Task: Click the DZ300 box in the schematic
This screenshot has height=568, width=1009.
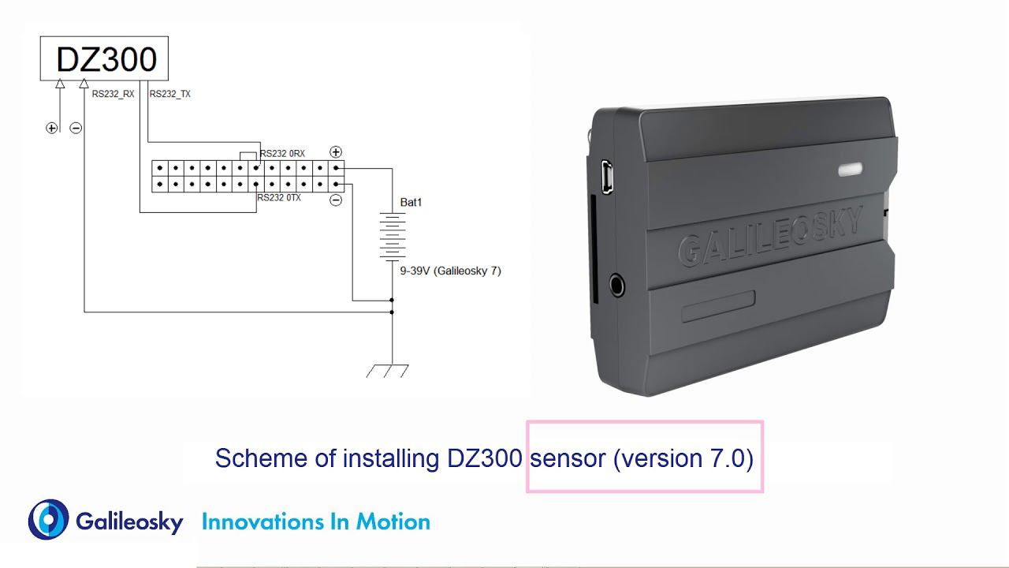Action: [104, 58]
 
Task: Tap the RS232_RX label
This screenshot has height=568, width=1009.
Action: [113, 94]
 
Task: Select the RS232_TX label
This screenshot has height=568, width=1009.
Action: [169, 94]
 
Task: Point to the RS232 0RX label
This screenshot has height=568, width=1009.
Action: [282, 153]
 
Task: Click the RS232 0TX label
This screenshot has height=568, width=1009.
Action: [279, 198]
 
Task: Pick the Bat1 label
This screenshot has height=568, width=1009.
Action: [411, 203]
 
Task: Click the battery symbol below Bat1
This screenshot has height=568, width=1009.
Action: [392, 235]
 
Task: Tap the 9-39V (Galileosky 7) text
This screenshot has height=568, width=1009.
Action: [450, 271]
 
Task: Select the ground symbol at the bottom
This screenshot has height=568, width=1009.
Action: [388, 370]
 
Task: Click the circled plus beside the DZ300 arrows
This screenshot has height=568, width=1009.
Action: [52, 128]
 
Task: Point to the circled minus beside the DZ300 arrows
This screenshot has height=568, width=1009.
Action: [76, 128]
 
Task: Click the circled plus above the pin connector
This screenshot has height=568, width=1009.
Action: [335, 152]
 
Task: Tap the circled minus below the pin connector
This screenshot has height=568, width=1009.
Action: [336, 200]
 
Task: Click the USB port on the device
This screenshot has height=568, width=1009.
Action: [606, 176]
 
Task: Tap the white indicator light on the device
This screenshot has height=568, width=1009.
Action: [849, 169]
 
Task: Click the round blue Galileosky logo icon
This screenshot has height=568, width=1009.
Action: [49, 520]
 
